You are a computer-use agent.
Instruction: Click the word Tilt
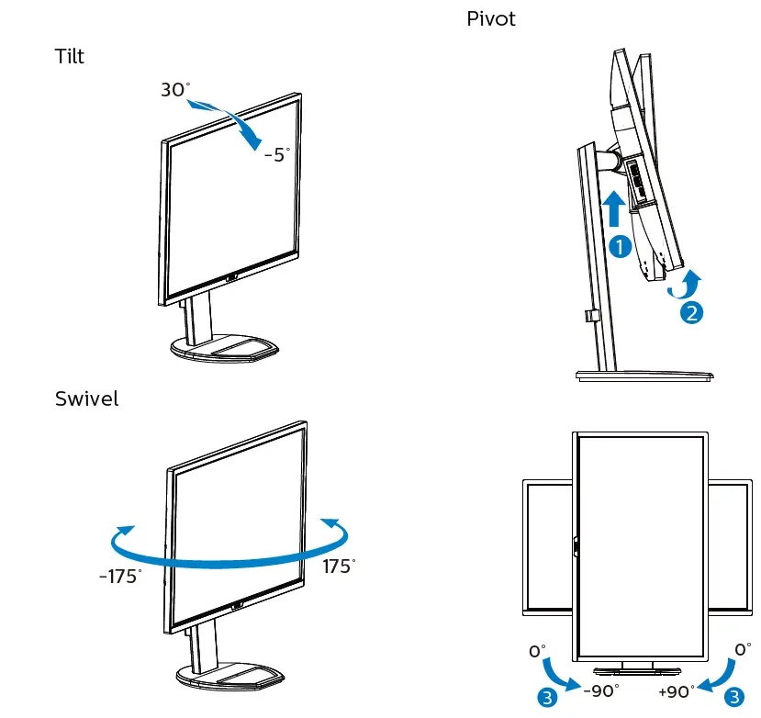(69, 57)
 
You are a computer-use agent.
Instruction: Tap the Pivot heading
(491, 18)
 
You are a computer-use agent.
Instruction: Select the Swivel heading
(86, 398)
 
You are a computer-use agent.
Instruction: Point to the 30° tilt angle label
(175, 90)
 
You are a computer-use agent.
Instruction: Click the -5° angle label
(276, 154)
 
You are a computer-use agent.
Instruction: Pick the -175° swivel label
(120, 577)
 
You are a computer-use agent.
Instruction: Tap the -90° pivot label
(601, 690)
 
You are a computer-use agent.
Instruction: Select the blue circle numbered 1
(620, 246)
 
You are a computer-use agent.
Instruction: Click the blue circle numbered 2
(691, 312)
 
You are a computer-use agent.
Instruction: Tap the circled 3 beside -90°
(548, 698)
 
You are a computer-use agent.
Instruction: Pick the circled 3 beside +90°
(734, 698)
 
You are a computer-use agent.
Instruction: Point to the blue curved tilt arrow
(234, 121)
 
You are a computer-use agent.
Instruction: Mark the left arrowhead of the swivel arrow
(122, 533)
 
